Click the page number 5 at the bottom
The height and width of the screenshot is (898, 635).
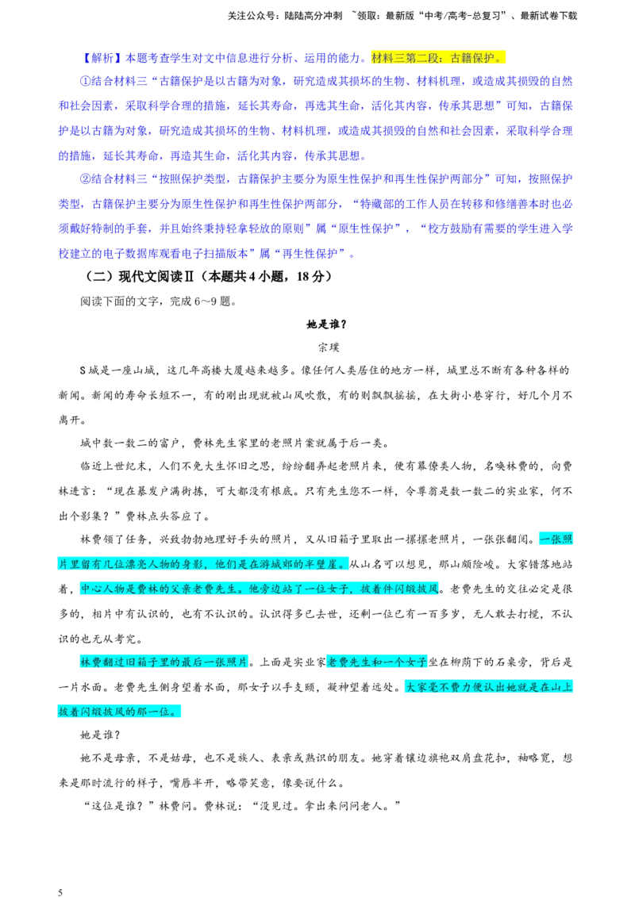click(x=60, y=892)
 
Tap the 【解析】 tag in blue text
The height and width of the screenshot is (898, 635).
click(x=100, y=58)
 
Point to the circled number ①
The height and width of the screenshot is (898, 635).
click(x=86, y=82)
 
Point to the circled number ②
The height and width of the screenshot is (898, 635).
click(x=86, y=178)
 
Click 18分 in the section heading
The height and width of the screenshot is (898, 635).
click(x=312, y=277)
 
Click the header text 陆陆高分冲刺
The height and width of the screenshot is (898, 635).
click(x=313, y=16)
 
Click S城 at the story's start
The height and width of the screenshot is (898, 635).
click(x=89, y=370)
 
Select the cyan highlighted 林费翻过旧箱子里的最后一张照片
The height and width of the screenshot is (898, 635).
click(x=164, y=662)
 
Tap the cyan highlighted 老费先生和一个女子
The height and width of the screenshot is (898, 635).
click(x=376, y=662)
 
